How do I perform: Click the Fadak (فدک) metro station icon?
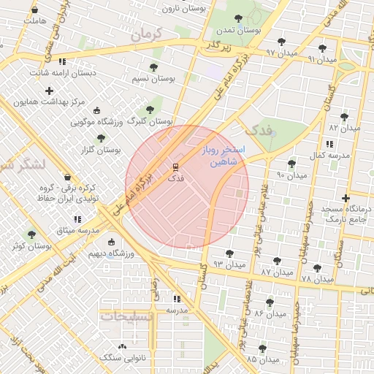tap(175, 167)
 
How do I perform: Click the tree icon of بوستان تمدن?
tap(238, 19)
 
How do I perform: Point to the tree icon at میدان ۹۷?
tap(282, 42)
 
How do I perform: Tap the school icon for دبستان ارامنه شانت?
tap(62, 61)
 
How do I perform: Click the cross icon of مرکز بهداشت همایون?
tap(49, 91)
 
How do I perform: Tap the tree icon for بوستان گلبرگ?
tap(150, 110)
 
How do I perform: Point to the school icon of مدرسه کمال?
tap(330, 144)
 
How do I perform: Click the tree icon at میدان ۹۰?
tap(292, 164)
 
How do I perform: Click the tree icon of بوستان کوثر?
tap(31, 234)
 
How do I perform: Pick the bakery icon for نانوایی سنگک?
tap(122, 346)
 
